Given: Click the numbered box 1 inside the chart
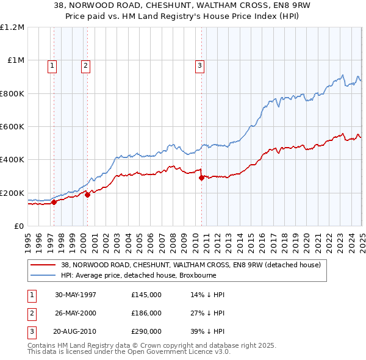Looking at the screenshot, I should click(52, 67).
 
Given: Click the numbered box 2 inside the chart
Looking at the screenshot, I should click(85, 67).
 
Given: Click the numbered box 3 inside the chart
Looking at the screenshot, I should click(199, 67).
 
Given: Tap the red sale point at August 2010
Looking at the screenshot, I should click(202, 178).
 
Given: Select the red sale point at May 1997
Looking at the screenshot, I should click(54, 202).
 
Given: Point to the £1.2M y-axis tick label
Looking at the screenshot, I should click(12, 27).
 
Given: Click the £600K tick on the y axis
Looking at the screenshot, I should click(12, 127).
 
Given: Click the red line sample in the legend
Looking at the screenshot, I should click(44, 265).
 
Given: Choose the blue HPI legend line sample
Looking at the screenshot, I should click(44, 275).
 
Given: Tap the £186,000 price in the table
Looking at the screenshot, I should click(146, 313).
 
